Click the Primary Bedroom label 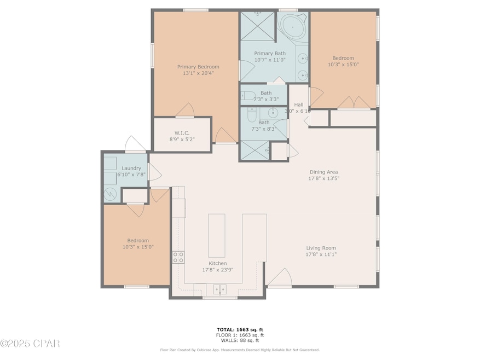point(198,67)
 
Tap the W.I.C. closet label point(182,133)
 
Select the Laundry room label point(131,168)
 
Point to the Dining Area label point(323,172)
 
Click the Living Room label point(321,248)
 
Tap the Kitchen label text point(218,263)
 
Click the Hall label point(299,104)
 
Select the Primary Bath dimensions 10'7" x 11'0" point(270,60)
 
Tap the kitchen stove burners point(178,257)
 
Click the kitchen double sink point(220,289)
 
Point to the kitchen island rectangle point(217,235)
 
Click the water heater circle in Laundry point(110,194)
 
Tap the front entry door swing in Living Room point(280,277)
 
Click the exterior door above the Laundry point(136,143)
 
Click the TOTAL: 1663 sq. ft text point(240,330)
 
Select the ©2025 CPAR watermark point(30,344)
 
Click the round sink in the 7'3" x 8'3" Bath point(273,113)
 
